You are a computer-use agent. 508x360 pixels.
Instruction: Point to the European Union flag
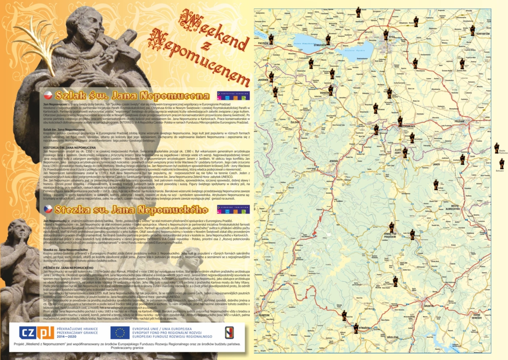coord(120,333)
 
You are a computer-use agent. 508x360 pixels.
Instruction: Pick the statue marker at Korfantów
coord(472,30)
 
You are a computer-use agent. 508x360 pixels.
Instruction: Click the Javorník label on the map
coord(264,79)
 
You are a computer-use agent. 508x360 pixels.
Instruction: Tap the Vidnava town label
coord(326,93)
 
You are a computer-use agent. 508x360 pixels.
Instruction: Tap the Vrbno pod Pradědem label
coord(393,235)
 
